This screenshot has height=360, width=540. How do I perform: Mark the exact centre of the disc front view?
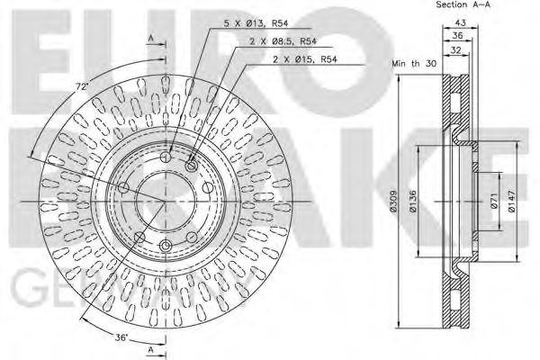[166, 199]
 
